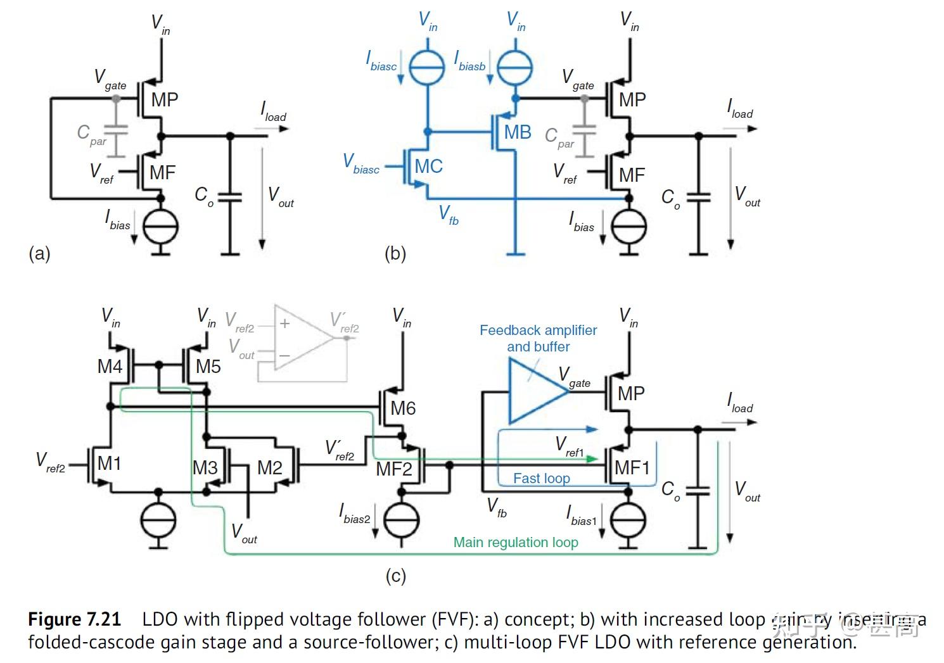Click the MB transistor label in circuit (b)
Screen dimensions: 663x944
click(x=517, y=132)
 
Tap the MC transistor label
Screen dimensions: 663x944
click(x=428, y=167)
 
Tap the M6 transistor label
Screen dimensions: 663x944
click(x=403, y=408)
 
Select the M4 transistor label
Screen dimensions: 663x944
click(x=110, y=367)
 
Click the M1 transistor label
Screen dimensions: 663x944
click(x=109, y=464)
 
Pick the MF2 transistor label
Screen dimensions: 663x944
click(x=394, y=469)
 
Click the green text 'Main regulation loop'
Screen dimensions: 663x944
click(x=516, y=543)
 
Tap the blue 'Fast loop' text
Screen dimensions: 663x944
click(x=541, y=479)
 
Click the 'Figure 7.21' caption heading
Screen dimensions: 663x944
click(x=74, y=619)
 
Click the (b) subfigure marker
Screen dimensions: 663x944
click(x=395, y=254)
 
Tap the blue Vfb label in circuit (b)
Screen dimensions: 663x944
click(x=449, y=215)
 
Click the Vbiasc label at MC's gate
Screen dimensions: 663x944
click(x=361, y=164)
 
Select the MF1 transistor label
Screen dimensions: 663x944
click(x=632, y=468)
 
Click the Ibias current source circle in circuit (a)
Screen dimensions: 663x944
click(x=161, y=227)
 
